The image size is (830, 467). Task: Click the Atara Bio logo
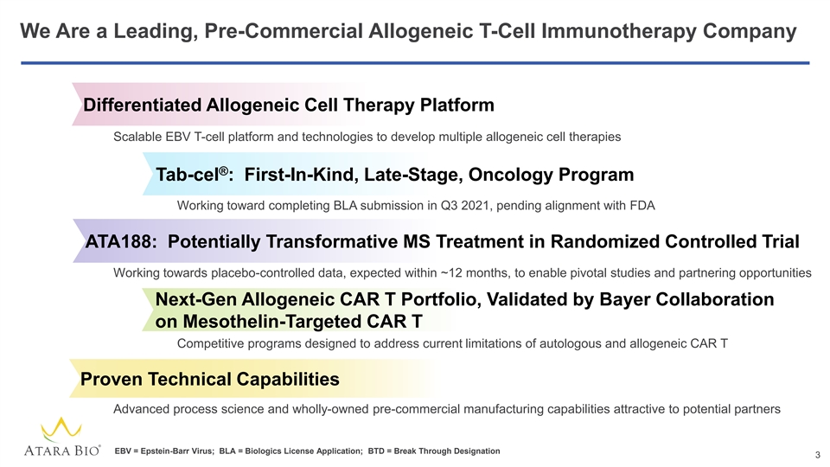[62, 437]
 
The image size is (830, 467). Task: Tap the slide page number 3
[817, 455]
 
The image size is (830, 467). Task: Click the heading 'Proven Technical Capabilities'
[209, 379]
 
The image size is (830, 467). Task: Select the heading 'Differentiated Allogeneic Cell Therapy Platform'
[289, 105]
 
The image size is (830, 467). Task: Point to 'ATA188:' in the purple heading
[121, 241]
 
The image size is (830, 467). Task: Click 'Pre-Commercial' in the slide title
[284, 31]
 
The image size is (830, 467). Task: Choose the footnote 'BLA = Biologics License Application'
[290, 451]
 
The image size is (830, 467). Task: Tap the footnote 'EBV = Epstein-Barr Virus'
[164, 451]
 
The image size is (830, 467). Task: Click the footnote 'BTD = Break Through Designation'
[434, 451]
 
